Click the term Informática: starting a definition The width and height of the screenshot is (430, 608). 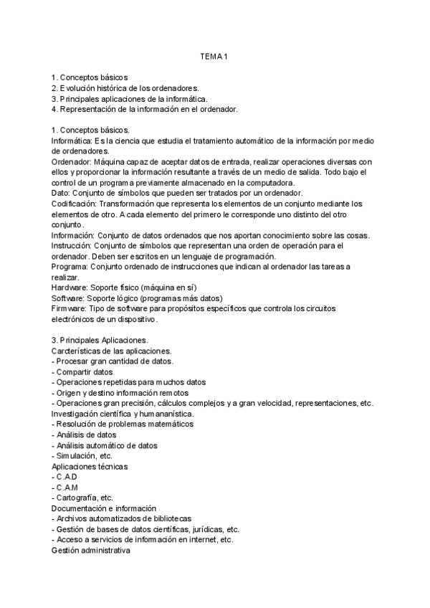(x=72, y=141)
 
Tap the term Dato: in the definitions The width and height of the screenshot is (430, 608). (x=61, y=194)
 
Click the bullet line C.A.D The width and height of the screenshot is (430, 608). (x=65, y=476)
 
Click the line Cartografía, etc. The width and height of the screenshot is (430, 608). (x=82, y=498)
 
